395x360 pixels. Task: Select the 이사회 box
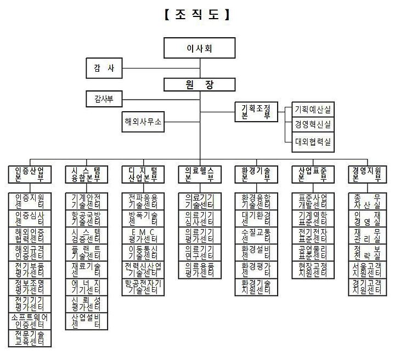pos(199,48)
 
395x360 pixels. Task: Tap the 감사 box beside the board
pos(104,68)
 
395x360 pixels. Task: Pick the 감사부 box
pos(104,99)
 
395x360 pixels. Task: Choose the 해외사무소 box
pos(143,122)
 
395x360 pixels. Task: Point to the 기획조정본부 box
pos(256,112)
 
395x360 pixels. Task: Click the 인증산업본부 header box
pos(29,174)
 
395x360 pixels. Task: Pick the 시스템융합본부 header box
pos(86,174)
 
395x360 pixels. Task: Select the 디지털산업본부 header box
pos(143,174)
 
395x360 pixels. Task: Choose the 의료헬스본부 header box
pos(199,174)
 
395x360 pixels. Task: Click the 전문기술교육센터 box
pos(30,338)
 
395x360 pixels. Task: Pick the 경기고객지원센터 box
pos(368,287)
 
